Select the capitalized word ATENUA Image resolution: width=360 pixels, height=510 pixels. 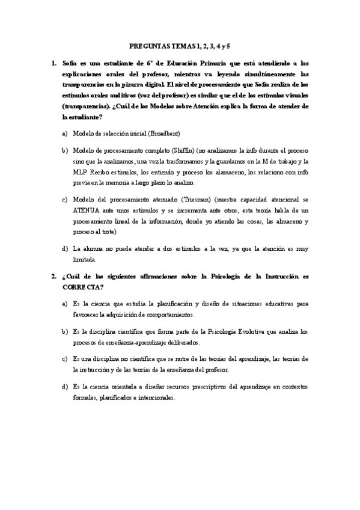89,210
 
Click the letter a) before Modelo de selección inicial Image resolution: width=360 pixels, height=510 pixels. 64,133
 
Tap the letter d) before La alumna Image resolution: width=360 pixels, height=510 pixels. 64,248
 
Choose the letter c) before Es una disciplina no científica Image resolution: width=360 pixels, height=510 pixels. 64,359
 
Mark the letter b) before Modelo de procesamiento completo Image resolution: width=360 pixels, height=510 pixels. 64,149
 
